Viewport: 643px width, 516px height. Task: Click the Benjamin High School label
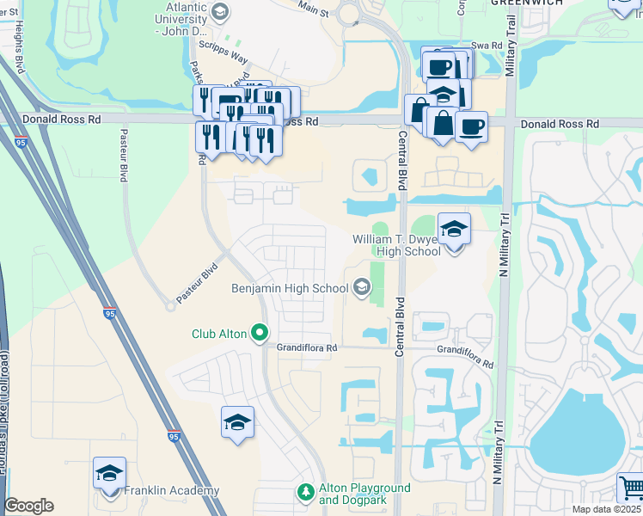pyautogui.click(x=289, y=288)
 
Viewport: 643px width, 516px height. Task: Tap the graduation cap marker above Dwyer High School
pyautogui.click(x=454, y=230)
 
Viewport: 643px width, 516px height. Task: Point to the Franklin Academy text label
pyautogui.click(x=171, y=491)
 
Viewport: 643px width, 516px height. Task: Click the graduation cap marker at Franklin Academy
pyautogui.click(x=109, y=474)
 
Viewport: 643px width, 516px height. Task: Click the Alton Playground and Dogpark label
pyautogui.click(x=364, y=494)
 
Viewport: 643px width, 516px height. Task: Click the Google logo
pyautogui.click(x=28, y=506)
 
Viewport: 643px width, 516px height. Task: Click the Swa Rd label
pyautogui.click(x=485, y=46)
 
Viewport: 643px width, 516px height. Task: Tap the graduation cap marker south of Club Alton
pyautogui.click(x=237, y=423)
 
